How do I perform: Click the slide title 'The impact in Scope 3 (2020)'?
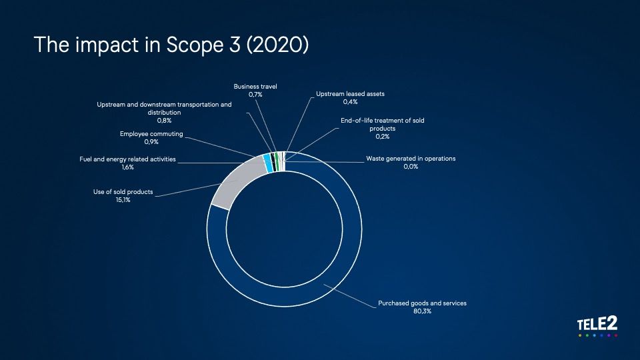click(171, 45)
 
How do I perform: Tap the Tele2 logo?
click(597, 326)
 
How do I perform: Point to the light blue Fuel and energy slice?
click(268, 163)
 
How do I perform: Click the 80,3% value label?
click(422, 311)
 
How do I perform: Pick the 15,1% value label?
click(123, 200)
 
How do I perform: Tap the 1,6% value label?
click(127, 167)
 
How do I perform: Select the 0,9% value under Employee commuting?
click(151, 142)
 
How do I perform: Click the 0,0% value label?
click(411, 167)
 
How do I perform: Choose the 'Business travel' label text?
click(255, 87)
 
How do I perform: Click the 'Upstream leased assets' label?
click(350, 94)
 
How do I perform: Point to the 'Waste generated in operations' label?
click(411, 159)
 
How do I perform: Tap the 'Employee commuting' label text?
click(151, 134)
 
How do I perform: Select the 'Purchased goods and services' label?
click(422, 303)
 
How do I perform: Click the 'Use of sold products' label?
click(123, 192)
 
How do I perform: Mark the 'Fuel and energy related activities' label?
click(127, 159)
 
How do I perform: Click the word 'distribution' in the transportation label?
click(164, 113)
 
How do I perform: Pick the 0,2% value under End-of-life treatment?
click(383, 137)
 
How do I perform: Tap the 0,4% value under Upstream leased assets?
click(350, 102)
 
